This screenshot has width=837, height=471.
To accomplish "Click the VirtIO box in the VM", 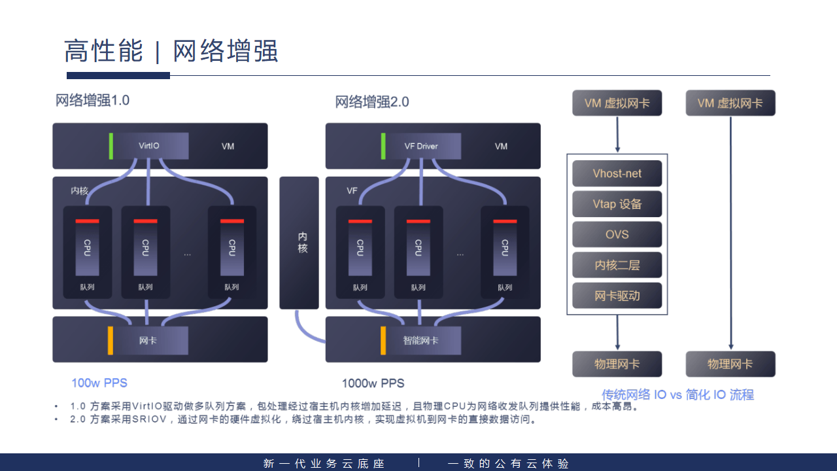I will [149, 146].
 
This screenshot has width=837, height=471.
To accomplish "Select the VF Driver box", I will [421, 146].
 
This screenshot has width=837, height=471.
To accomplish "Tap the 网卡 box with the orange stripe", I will [148, 340].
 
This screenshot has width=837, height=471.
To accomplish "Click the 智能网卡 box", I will [421, 340].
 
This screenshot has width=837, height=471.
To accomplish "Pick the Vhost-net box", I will [617, 173].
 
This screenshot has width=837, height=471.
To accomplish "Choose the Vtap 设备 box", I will [617, 204].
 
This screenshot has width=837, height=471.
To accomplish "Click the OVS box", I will [617, 234].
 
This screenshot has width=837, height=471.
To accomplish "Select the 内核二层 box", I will [617, 265].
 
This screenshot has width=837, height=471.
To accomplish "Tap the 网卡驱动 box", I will [617, 296].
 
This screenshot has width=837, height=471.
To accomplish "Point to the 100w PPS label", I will [99, 383].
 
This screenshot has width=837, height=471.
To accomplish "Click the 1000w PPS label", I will [373, 383].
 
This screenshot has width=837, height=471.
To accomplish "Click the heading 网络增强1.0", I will [92, 101].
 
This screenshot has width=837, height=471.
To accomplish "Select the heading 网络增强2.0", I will [371, 102].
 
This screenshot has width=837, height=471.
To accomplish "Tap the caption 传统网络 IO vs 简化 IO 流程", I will [677, 394].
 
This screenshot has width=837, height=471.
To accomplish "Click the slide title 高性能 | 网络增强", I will [171, 51].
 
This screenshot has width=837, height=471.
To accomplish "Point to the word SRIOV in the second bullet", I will [148, 419].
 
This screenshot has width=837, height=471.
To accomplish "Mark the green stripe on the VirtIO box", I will [111, 146].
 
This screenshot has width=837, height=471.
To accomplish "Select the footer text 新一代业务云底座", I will [324, 463].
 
